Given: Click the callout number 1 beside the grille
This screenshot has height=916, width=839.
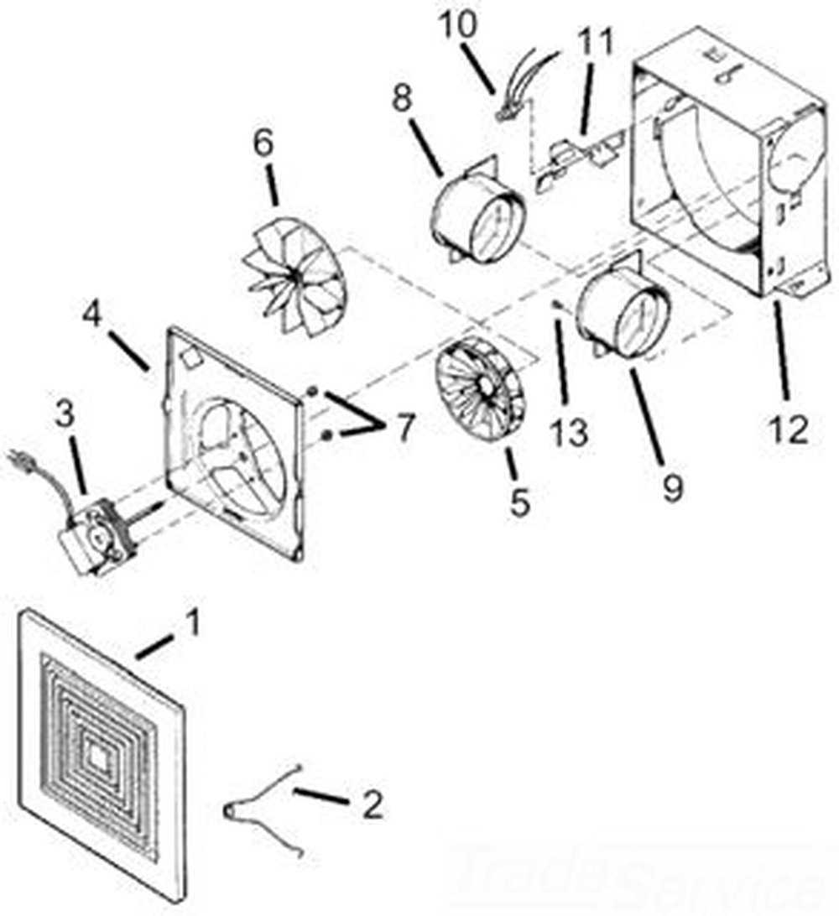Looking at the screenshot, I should [193, 623].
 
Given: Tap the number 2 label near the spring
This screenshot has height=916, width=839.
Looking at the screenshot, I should [372, 804].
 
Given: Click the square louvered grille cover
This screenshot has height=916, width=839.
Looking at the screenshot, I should [101, 747].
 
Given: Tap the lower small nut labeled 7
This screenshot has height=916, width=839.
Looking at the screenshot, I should [326, 433].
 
